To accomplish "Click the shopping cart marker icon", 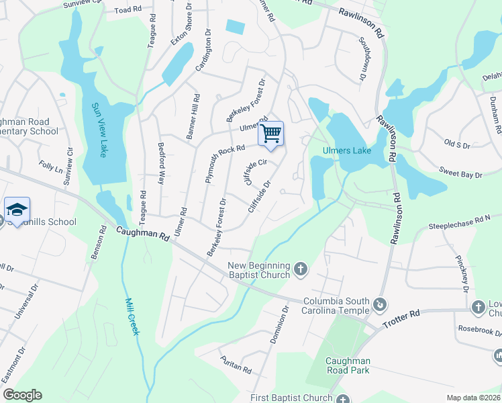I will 270,132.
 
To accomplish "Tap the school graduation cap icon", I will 17,209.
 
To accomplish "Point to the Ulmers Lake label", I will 347,150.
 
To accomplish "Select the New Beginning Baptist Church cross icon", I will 301,269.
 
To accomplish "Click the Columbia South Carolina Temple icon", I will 381,305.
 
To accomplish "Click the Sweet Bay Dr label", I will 460,174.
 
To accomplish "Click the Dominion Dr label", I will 279,326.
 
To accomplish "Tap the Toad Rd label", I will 128,10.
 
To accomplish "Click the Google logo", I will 22,395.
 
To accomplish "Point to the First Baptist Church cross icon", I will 343,398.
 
